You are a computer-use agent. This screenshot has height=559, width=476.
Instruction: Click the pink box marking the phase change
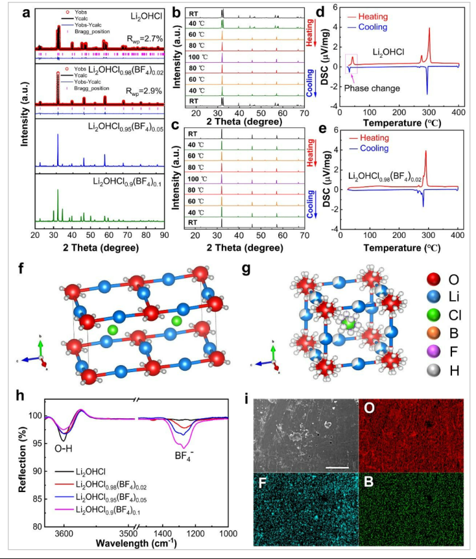[x=353, y=63]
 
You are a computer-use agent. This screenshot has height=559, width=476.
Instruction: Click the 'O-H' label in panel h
[x=56, y=448]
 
